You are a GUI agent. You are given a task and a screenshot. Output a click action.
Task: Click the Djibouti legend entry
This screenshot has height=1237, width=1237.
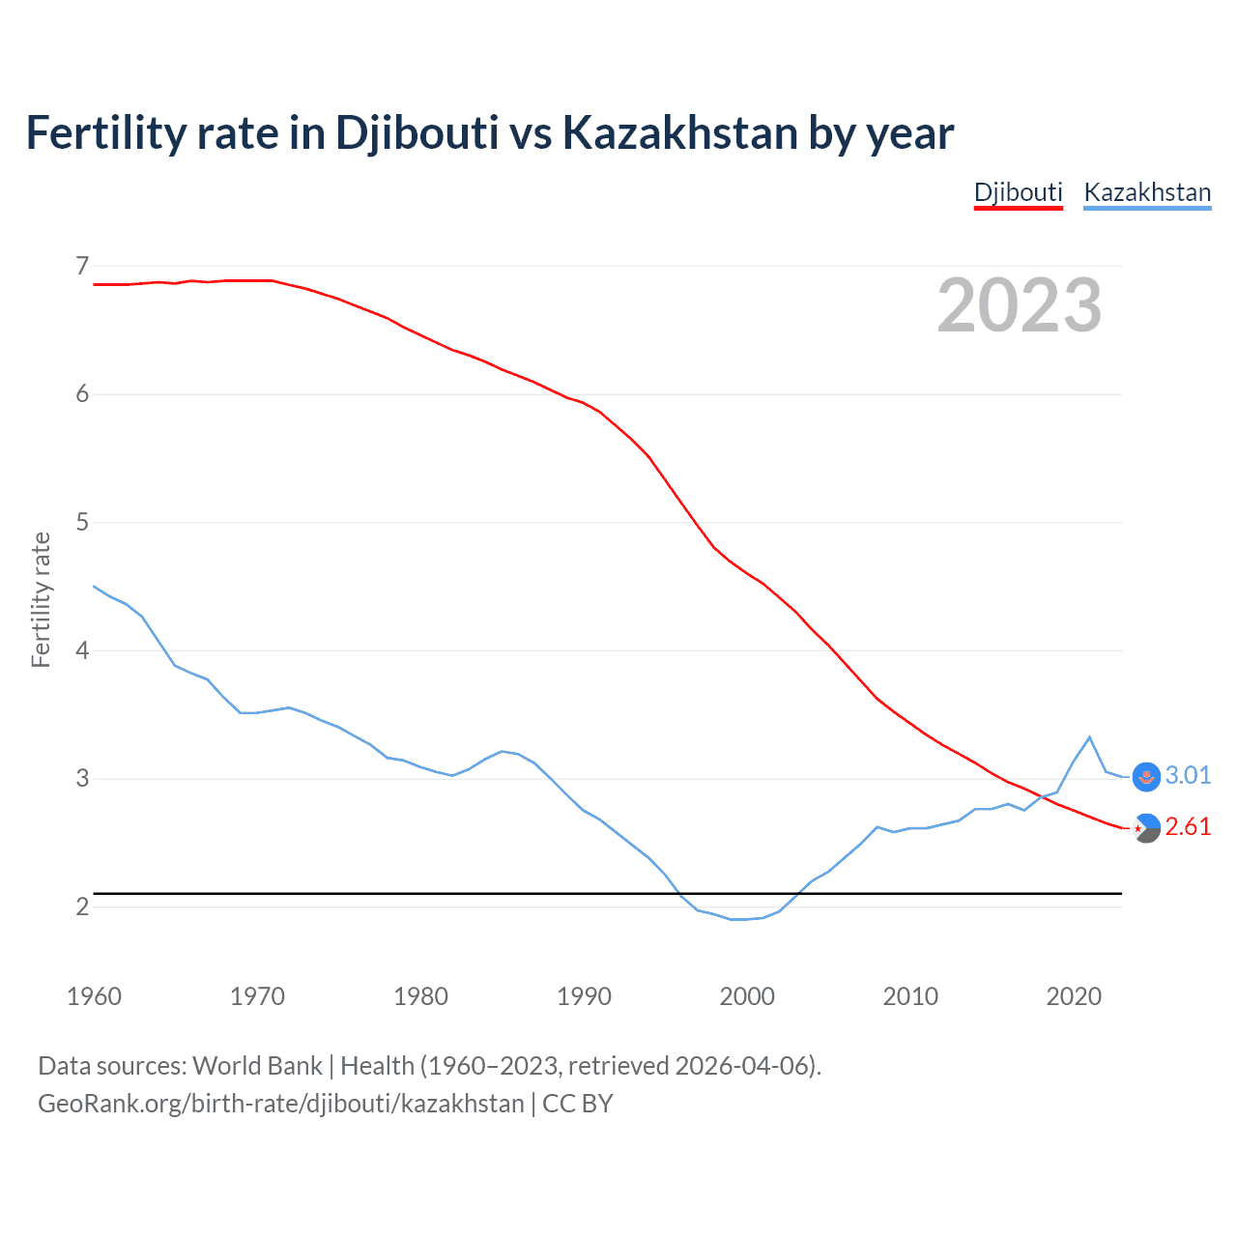[1018, 192]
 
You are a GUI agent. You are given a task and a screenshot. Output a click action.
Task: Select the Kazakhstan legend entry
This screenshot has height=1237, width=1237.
[1147, 192]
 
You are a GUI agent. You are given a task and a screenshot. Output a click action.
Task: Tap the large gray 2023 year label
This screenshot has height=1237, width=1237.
[1020, 305]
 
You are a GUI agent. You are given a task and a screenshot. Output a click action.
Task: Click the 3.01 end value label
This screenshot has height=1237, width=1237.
[1188, 775]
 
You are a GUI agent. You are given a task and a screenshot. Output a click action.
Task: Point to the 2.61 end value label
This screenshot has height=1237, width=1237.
[1188, 826]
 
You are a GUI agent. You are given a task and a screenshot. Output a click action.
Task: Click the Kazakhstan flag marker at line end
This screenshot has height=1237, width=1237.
[1146, 776]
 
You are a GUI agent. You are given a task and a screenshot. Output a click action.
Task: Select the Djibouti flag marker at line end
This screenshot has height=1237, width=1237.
[1146, 827]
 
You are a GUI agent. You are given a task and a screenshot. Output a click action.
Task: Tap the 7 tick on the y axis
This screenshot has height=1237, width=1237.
[82, 265]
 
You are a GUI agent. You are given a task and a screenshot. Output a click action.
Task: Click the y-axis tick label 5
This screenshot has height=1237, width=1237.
[82, 522]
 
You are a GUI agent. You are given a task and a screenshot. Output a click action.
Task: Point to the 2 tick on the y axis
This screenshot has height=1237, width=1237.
[82, 906]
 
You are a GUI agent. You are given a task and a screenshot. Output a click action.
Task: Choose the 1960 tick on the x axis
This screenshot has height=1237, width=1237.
[94, 996]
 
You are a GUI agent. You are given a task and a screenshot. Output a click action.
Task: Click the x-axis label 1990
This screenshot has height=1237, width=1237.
[584, 996]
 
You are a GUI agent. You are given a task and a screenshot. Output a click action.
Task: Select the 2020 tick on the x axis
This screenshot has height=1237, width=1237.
[1074, 996]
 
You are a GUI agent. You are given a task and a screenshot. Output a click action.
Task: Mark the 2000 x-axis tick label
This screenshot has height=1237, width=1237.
[747, 996]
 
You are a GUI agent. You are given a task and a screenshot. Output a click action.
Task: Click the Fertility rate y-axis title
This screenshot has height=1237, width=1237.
[41, 599]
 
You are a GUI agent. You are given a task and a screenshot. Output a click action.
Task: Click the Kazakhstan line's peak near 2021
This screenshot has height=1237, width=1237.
[1090, 737]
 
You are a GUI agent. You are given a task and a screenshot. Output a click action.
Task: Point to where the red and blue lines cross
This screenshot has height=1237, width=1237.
[1041, 796]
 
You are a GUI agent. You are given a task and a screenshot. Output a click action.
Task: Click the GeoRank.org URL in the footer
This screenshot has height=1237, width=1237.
[280, 1103]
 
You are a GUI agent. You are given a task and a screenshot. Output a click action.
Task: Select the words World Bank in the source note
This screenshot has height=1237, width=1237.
[257, 1065]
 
